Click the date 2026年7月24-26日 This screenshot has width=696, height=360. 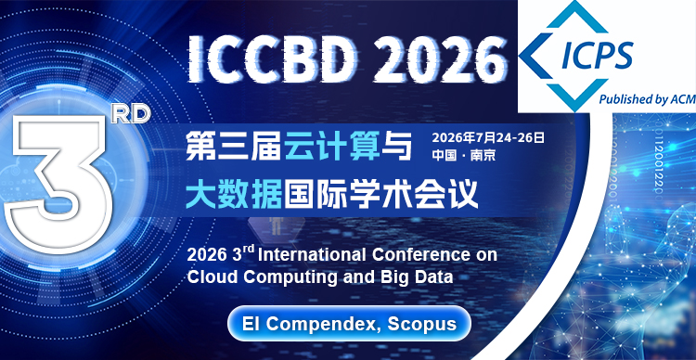click(x=487, y=138)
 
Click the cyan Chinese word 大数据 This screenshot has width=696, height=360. click(x=231, y=195)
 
